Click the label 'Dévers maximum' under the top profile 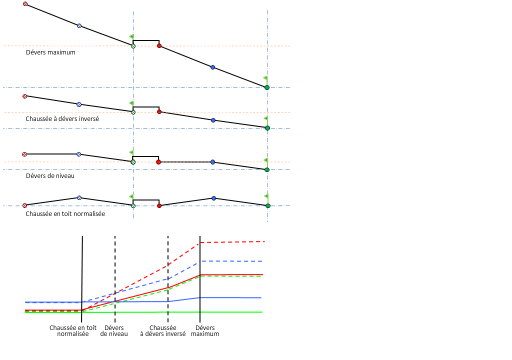click(50, 52)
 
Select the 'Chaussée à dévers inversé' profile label click(62, 119)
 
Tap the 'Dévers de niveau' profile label click(50, 176)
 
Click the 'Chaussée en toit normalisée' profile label click(65, 213)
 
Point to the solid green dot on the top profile click(267, 87)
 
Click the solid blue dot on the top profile click(212, 67)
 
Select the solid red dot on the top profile click(159, 45)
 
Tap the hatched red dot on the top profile click(25, 4)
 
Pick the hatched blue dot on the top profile click(79, 25)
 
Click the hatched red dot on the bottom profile click(24, 205)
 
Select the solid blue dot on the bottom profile click(213, 198)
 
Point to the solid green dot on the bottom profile click(267, 205)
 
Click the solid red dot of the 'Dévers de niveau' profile click(158, 162)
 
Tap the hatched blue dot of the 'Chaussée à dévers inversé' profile click(78, 104)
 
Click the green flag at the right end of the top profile click(265, 78)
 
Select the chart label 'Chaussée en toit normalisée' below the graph click(72, 330)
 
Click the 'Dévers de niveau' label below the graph click(114, 330)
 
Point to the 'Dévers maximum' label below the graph click(205, 330)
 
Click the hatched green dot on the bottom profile click(133, 205)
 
